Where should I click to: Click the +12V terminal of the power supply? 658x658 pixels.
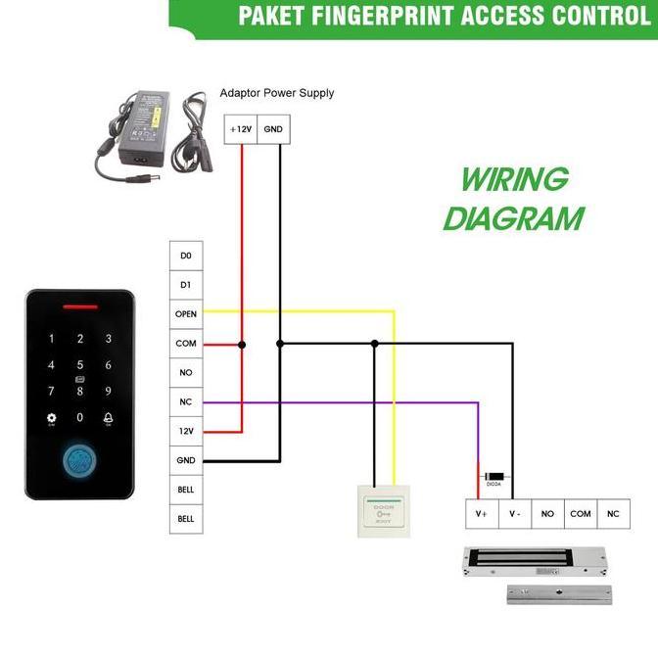tap(240, 129)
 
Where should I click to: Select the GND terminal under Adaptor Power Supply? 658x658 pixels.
tap(274, 129)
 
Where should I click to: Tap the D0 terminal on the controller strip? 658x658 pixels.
tap(186, 256)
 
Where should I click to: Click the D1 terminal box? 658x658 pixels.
tap(186, 285)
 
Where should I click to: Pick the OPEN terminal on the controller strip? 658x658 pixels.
tap(186, 314)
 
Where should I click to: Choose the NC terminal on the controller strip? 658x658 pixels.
tap(186, 402)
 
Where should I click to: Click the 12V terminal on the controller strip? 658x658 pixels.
tap(186, 432)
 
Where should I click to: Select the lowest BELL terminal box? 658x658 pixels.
tap(186, 518)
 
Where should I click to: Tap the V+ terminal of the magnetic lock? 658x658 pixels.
tap(482, 514)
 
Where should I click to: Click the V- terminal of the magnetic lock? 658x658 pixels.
tap(515, 514)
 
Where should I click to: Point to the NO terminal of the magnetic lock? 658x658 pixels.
tap(547, 514)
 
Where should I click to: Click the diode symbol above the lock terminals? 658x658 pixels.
tap(495, 471)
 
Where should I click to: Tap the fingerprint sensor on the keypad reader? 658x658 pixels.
tap(80, 460)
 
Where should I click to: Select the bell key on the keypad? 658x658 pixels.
tap(108, 418)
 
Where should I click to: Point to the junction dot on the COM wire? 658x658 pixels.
tap(242, 344)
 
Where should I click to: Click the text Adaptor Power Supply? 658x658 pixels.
tap(277, 93)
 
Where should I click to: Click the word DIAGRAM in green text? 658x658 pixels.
tap(513, 217)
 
